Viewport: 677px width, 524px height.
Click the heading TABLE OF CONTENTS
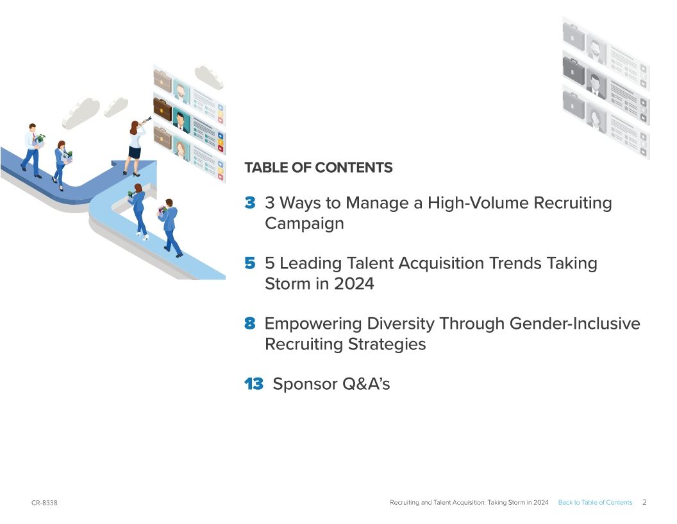(318, 168)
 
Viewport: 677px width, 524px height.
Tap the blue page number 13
(254, 385)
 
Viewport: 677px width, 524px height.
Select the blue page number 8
(250, 324)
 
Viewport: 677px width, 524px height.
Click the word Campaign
(304, 224)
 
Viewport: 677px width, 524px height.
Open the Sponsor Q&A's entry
(331, 385)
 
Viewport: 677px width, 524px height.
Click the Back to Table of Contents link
(595, 503)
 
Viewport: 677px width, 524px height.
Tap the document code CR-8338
(44, 503)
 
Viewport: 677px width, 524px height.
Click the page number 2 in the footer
(644, 502)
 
